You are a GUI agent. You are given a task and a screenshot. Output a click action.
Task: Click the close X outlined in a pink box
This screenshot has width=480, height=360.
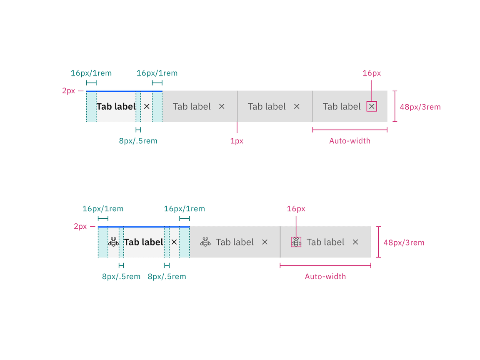tap(372, 107)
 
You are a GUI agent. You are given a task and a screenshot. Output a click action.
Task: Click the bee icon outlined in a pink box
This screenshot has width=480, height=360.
tap(296, 242)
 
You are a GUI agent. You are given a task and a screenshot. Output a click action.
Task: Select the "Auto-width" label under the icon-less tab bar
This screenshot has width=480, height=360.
tap(350, 141)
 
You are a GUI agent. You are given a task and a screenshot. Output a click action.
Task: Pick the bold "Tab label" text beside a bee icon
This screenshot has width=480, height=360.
tap(143, 242)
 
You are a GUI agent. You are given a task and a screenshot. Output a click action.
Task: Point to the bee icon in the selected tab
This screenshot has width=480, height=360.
tap(113, 242)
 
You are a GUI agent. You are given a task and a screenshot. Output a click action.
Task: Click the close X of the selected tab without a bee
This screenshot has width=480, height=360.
tap(147, 107)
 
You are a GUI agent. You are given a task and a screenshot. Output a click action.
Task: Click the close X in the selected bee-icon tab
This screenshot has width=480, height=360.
tap(174, 242)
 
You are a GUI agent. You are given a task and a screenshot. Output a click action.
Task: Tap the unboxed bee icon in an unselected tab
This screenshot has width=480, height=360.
tap(205, 242)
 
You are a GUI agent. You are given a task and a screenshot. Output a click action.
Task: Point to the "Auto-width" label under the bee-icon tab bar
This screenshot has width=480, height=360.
tap(325, 276)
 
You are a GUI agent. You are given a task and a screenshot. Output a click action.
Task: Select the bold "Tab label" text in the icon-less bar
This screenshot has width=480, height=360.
tap(116, 107)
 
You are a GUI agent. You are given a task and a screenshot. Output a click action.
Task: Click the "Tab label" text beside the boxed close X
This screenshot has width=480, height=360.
tap(342, 107)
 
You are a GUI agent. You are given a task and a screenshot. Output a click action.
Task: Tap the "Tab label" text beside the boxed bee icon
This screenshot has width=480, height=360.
tap(325, 242)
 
